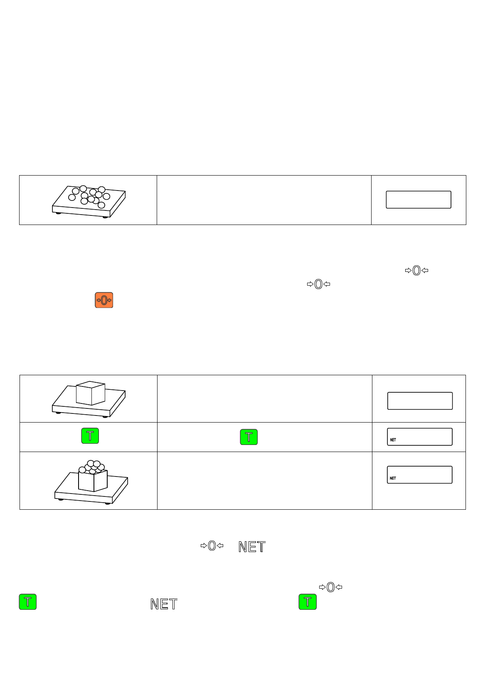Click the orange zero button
click(x=104, y=300)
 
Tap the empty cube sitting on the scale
click(x=90, y=393)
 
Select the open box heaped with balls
click(x=93, y=479)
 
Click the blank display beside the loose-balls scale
click(x=419, y=200)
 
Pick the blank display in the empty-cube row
click(x=420, y=401)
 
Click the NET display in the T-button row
click(x=420, y=437)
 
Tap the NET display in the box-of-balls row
click(x=420, y=474)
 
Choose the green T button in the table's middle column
click(x=249, y=437)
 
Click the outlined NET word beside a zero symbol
click(x=252, y=547)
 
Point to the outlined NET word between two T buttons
click(x=164, y=604)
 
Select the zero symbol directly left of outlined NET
click(x=212, y=546)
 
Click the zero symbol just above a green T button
click(x=330, y=587)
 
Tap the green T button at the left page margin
click(x=28, y=601)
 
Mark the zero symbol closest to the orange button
click(x=318, y=284)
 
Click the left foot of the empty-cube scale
click(x=59, y=412)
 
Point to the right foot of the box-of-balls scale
click(x=108, y=503)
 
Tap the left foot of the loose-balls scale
click(x=59, y=213)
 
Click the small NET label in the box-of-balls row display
click(x=393, y=478)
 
